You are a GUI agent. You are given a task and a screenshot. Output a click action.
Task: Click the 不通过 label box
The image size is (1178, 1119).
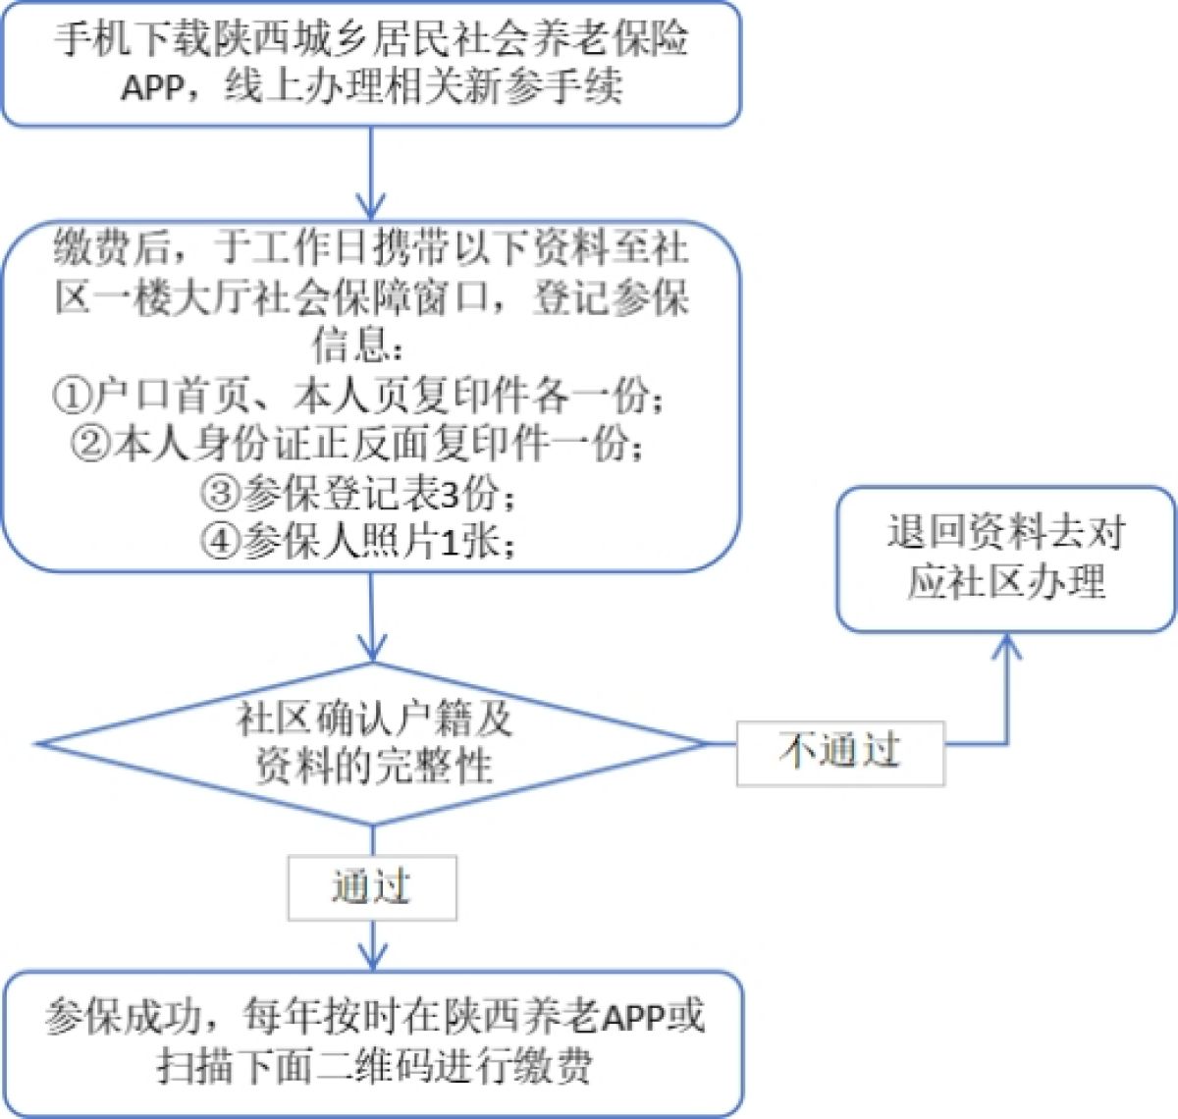click(x=840, y=753)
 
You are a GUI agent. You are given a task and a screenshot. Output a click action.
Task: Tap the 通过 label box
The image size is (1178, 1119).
click(x=371, y=887)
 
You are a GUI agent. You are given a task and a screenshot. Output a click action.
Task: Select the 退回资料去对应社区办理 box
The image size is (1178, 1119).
click(x=1005, y=559)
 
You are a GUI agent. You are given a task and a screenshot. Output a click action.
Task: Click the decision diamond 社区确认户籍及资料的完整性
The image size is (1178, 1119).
click(x=373, y=743)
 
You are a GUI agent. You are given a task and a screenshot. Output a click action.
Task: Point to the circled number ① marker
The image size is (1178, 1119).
click(x=71, y=397)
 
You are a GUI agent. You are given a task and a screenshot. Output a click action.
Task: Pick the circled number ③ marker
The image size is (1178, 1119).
click(x=220, y=494)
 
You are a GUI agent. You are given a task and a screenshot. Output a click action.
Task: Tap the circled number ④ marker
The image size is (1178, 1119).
click(x=220, y=542)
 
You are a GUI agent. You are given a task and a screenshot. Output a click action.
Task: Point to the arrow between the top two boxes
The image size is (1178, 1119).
click(x=371, y=173)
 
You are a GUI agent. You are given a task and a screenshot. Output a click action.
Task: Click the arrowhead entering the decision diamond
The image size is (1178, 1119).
click(x=372, y=648)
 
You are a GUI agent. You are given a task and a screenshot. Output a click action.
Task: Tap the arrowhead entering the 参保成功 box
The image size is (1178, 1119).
click(x=372, y=957)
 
